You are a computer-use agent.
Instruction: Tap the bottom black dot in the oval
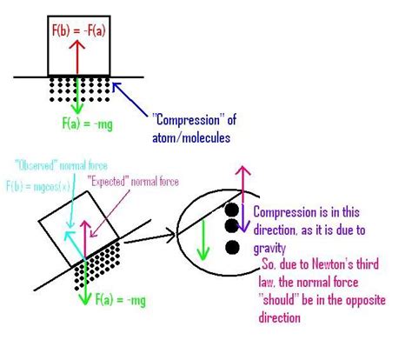point(231,247)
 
